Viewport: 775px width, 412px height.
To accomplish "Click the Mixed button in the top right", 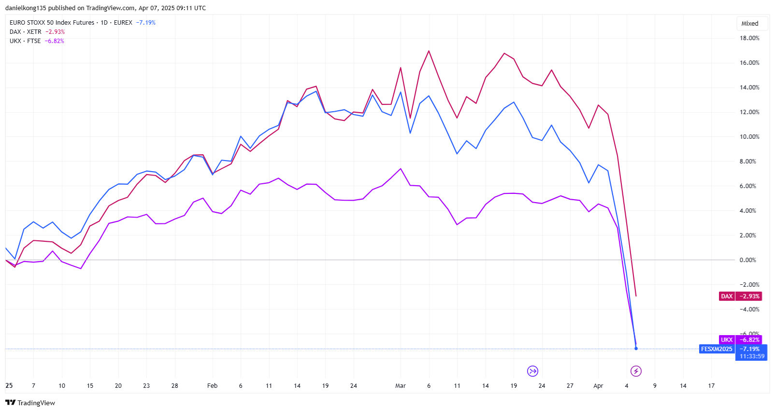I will point(749,23).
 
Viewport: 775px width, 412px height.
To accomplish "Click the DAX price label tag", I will point(727,296).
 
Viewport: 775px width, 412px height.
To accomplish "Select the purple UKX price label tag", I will point(727,340).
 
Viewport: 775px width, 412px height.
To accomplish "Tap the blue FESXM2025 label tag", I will point(717,349).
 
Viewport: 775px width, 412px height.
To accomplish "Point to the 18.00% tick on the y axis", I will point(749,38).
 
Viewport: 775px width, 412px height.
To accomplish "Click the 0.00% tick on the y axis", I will point(747,260).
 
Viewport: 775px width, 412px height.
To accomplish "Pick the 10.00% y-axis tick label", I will point(749,137).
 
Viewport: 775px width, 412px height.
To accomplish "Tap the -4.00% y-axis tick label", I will point(749,309).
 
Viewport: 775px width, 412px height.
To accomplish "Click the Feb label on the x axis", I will point(212,386).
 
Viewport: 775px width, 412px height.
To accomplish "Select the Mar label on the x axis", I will point(401,386).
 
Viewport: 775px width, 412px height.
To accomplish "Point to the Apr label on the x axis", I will point(598,386).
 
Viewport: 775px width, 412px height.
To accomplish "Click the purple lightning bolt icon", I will point(636,371).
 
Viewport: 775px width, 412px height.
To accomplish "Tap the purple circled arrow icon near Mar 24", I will point(532,371).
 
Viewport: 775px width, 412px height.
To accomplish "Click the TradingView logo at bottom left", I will point(30,403).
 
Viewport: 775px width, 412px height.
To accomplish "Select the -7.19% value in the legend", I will point(145,23).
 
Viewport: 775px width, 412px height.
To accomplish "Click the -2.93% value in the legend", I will point(55,32).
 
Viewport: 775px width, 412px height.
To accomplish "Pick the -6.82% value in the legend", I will point(54,41).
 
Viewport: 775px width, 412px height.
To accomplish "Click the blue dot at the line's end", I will point(636,348).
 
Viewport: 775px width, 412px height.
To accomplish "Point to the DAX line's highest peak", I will point(429,51).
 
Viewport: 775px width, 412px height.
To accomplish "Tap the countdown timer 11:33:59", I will point(752,356).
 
